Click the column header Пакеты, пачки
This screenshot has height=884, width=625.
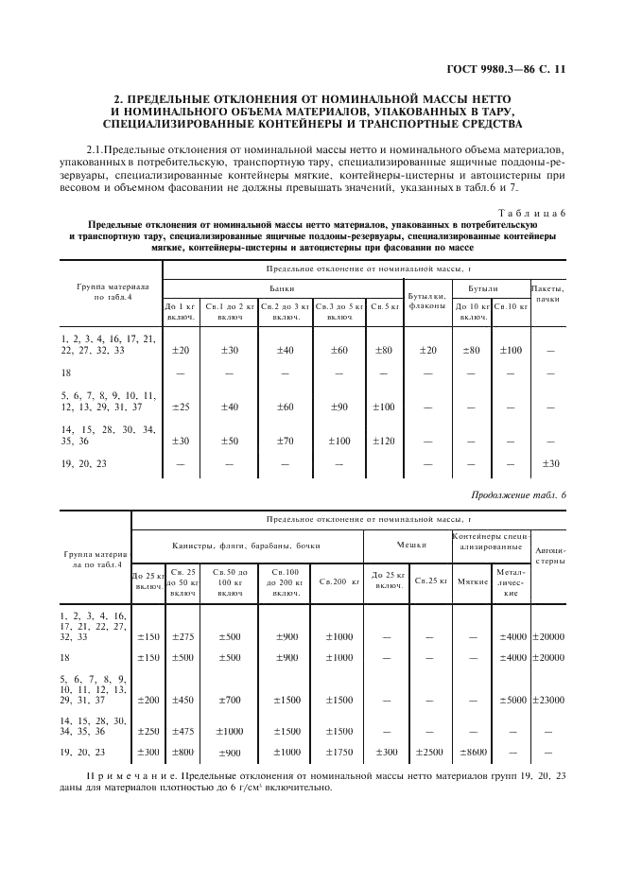pyautogui.click(x=547, y=293)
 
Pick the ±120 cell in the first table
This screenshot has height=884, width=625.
pyautogui.click(x=383, y=441)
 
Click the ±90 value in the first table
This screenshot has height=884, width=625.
pyautogui.click(x=339, y=407)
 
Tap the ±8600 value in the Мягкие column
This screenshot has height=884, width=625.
pyautogui.click(x=472, y=752)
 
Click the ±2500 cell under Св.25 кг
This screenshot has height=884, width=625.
pyautogui.click(x=428, y=752)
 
